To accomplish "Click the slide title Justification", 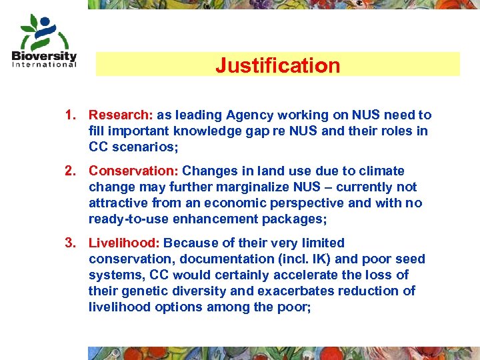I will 277,65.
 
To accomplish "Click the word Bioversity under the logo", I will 44,56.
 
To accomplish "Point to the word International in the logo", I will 45,65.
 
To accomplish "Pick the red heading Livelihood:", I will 124,243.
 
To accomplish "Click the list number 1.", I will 70,115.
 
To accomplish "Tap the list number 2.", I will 70,171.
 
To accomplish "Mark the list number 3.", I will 70,243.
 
